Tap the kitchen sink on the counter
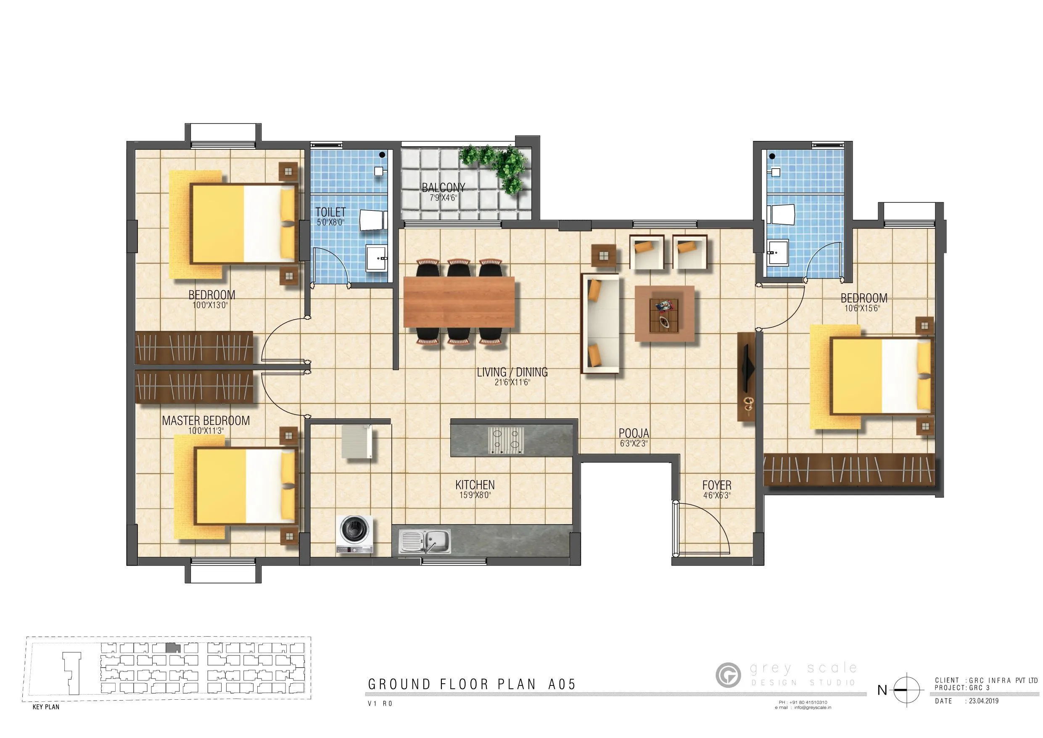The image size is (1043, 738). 425,541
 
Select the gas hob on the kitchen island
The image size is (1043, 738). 506,440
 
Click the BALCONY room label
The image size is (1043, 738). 444,187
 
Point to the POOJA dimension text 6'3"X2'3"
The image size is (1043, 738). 634,443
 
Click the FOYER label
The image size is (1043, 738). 717,485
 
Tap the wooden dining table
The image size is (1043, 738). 459,302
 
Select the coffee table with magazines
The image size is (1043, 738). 664,313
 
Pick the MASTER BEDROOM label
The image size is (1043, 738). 206,421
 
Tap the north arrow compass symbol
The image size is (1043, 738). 906,690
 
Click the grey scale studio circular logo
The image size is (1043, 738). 728,675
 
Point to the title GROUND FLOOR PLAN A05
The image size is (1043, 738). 472,684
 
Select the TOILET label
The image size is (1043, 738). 331,212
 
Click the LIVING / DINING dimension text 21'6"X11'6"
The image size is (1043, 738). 512,382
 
